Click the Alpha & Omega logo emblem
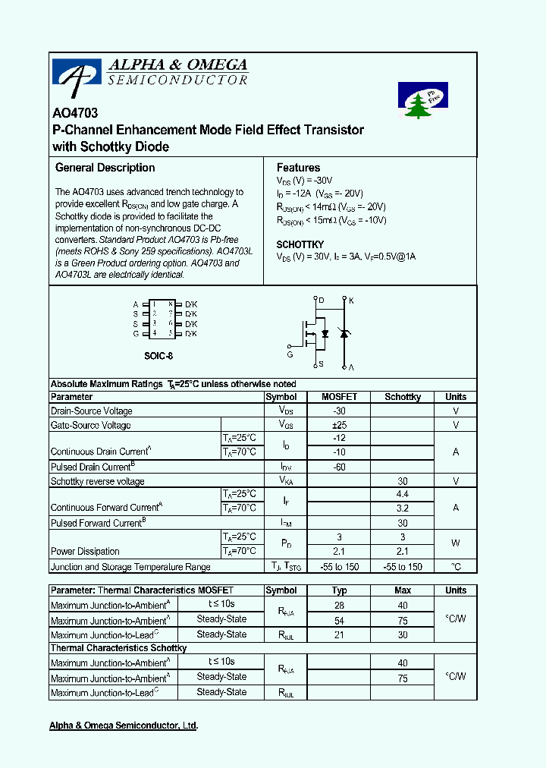click(76, 75)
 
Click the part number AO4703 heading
click(75, 113)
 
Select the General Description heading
click(105, 168)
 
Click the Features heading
click(298, 168)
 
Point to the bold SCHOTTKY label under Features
click(300, 244)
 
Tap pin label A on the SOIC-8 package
click(136, 304)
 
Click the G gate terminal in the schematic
click(290, 354)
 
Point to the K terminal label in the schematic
click(351, 301)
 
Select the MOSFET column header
click(339, 397)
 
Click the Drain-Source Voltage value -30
click(339, 411)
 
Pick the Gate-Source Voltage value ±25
click(339, 425)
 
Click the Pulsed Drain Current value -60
click(339, 467)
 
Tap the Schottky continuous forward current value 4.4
click(403, 495)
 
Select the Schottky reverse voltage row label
click(97, 481)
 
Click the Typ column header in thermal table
click(339, 590)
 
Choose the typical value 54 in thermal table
click(339, 621)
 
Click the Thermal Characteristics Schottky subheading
click(118, 648)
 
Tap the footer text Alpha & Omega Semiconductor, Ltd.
click(124, 726)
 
